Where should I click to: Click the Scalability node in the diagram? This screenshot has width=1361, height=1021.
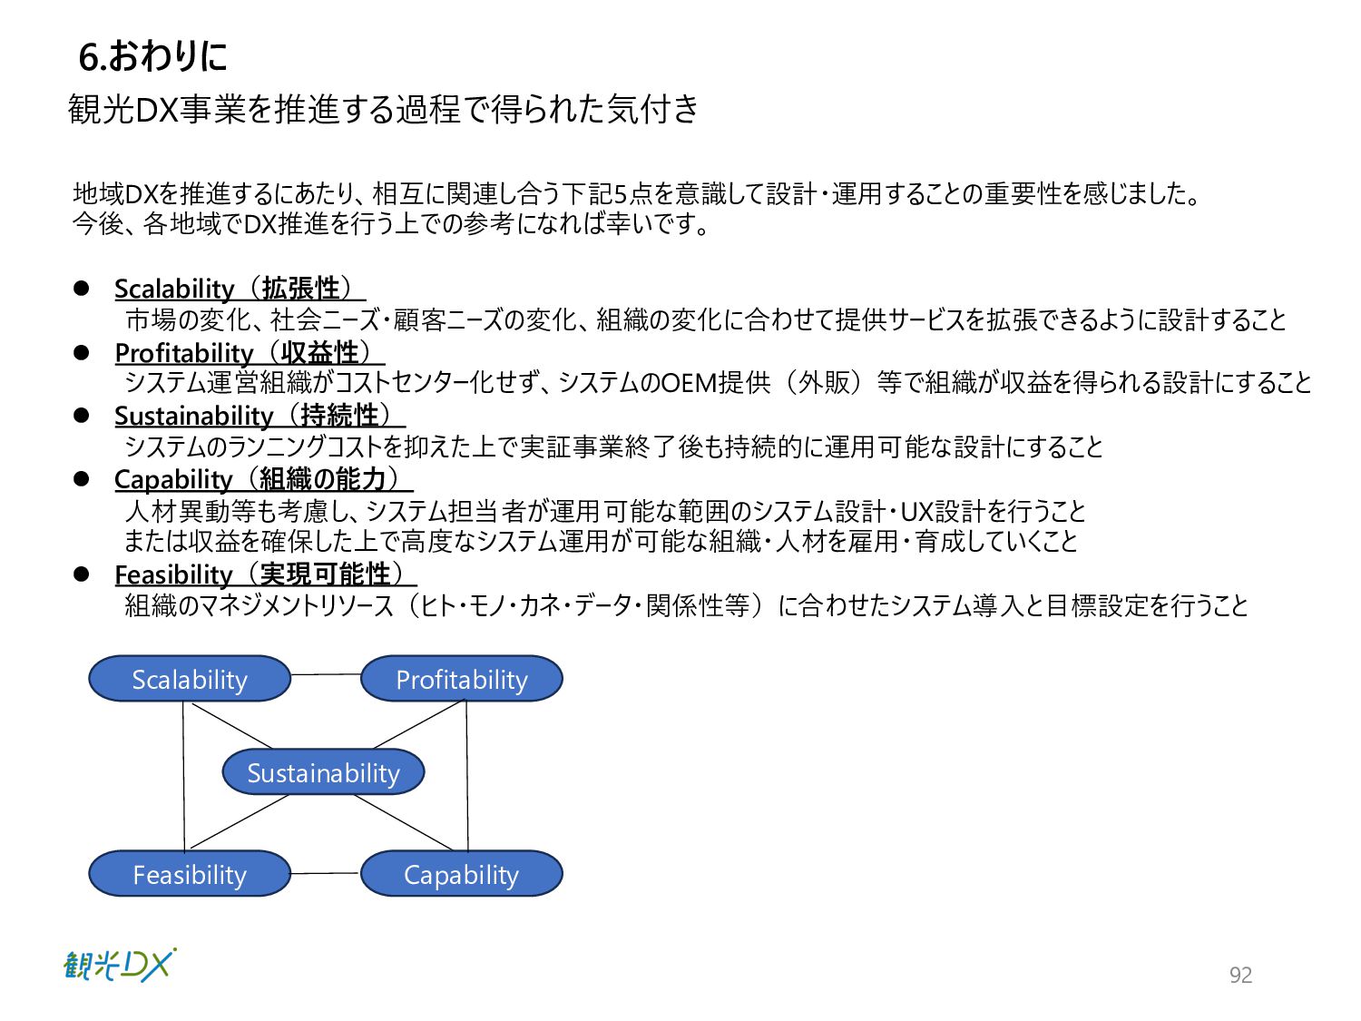click(x=190, y=679)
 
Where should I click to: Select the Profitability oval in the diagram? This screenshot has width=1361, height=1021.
click(x=462, y=679)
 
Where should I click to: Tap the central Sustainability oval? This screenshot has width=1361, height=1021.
click(x=324, y=772)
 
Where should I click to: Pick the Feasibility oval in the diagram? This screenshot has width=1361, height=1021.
click(x=190, y=874)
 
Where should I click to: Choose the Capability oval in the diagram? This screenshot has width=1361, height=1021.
click(x=462, y=874)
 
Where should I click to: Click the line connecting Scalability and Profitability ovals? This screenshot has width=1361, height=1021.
click(x=326, y=674)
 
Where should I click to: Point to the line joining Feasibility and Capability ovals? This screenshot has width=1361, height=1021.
click(x=326, y=873)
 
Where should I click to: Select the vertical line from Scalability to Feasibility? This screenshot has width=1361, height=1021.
click(x=184, y=776)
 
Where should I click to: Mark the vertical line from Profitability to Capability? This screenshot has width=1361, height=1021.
click(x=467, y=776)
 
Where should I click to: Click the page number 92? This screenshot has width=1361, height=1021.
click(x=1240, y=975)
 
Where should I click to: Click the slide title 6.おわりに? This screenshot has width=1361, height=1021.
click(x=152, y=56)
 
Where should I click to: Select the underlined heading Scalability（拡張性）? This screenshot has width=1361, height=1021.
click(x=238, y=289)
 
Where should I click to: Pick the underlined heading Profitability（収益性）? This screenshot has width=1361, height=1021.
click(x=248, y=352)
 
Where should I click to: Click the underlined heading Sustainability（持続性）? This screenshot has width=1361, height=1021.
click(x=258, y=416)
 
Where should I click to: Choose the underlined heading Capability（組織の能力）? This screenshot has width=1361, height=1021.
click(x=261, y=478)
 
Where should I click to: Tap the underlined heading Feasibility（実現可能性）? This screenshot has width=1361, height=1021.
click(x=263, y=574)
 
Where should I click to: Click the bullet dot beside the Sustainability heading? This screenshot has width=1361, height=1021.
click(x=82, y=415)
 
